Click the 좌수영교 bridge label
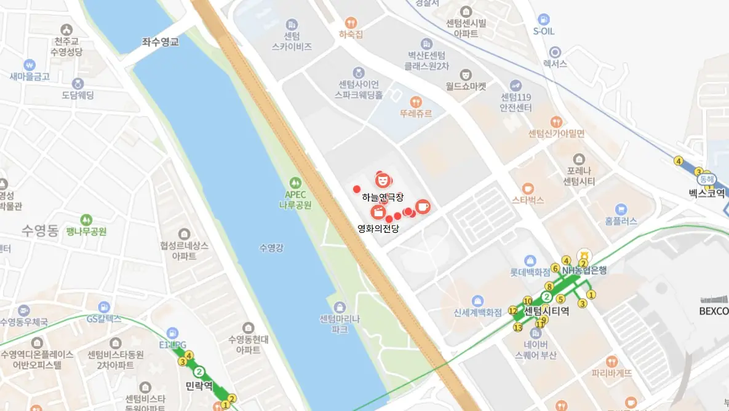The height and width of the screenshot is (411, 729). coord(161,42)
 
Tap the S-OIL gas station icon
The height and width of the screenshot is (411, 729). coord(543,19)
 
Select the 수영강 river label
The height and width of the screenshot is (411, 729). coord(271,248)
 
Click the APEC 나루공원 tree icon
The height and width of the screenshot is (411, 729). coord(295,182)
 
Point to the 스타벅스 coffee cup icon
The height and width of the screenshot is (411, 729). coord(527,188)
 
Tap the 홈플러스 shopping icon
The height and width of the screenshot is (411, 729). coord(620,209)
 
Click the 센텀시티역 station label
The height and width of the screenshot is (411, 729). coord(546,311)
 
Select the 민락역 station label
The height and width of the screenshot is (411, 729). coord(198,386)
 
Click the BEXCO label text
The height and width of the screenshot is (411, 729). coord(714,311)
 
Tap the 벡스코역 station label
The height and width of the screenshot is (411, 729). coord(707,193)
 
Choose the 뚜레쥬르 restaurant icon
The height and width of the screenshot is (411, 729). coord(416,101)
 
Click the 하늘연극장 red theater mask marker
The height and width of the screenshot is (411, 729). coord(383,179)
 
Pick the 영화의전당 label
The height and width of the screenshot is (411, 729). coord(378,229)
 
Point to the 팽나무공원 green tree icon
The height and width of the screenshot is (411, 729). coord(86,219)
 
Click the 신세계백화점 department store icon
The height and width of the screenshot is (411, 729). coord(477,300)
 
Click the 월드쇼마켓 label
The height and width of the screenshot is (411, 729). coord(466,87)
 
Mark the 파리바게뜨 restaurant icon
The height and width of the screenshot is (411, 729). coord(611,361)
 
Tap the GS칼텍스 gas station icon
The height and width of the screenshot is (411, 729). coord(104,306)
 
